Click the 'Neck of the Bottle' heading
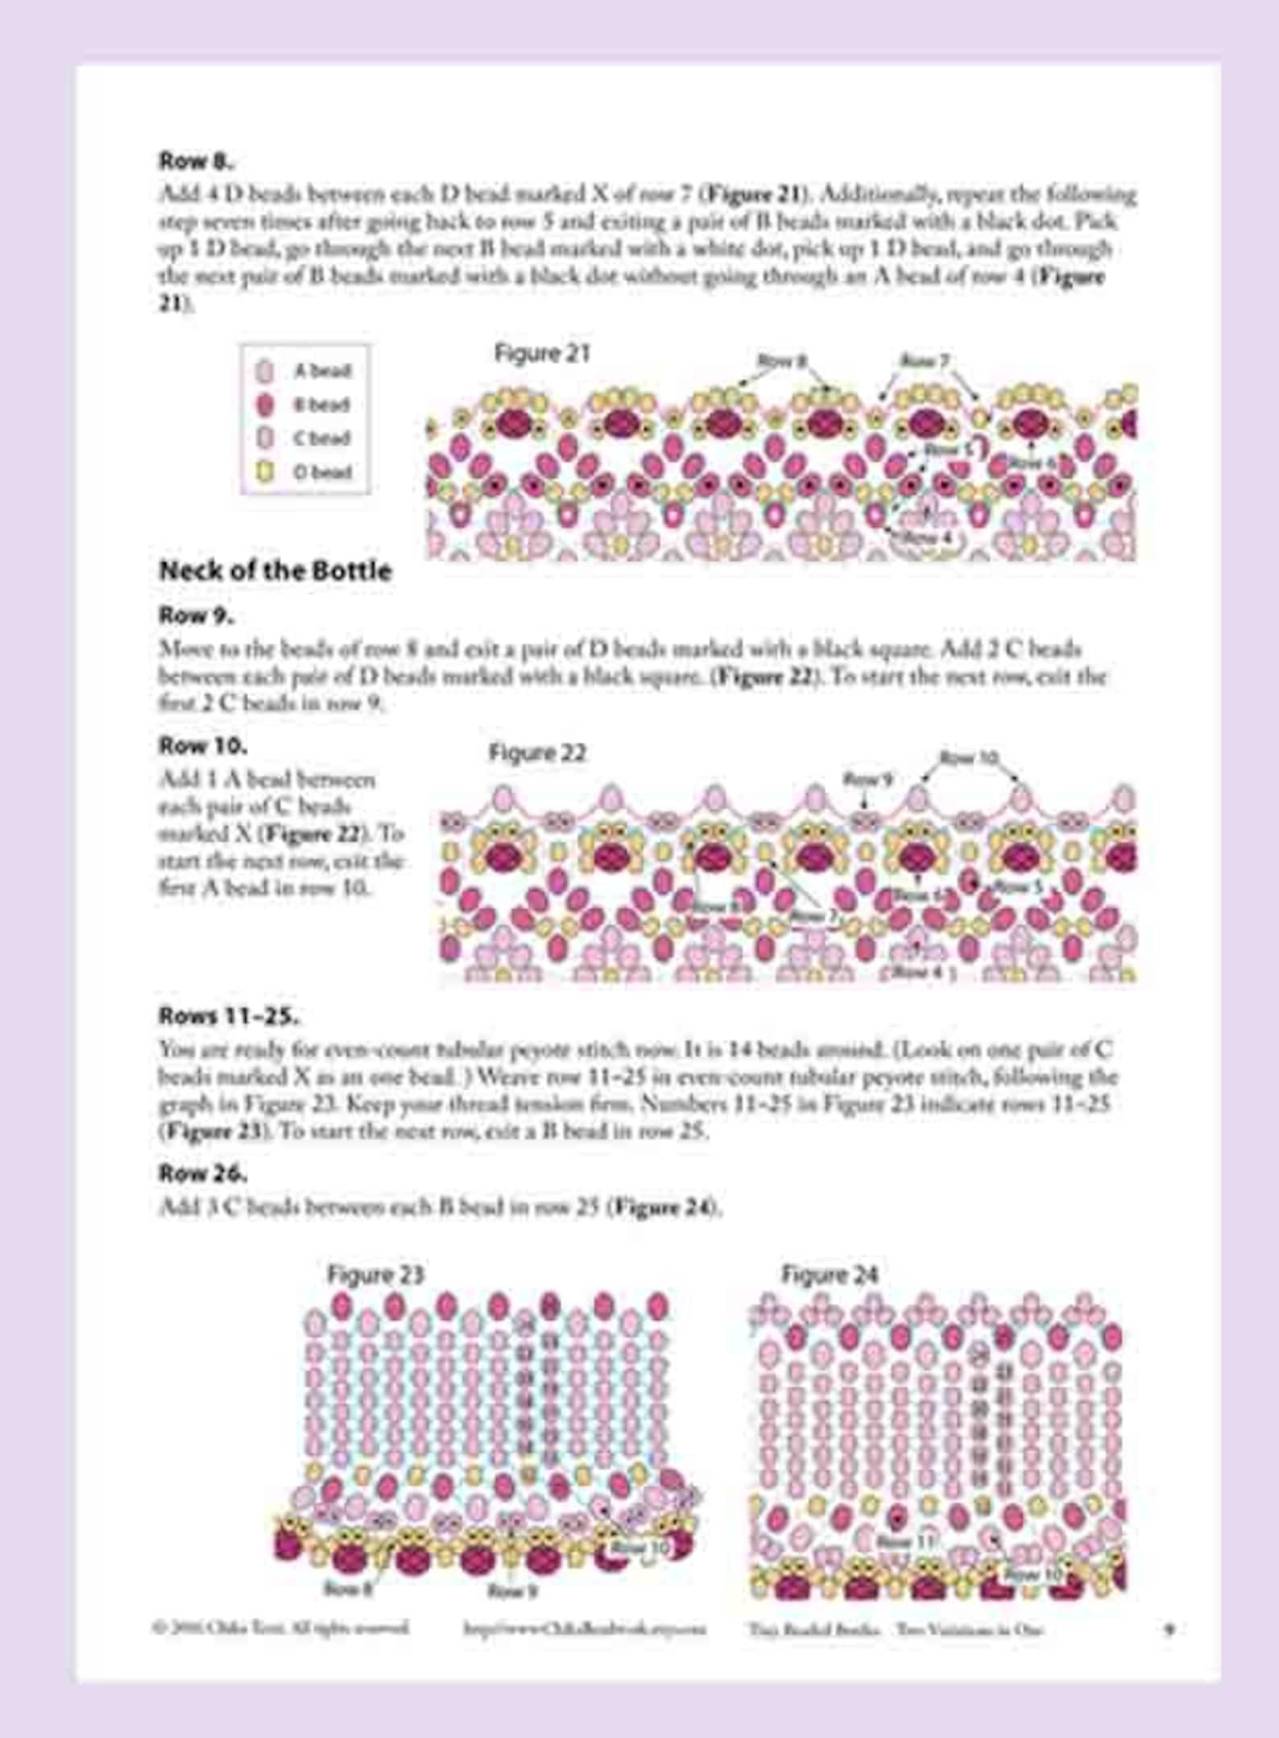(275, 571)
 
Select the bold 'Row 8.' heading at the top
(197, 160)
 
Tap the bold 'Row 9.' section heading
(197, 616)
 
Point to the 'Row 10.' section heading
(203, 745)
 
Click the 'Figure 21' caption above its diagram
(541, 353)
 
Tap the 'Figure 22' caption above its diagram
(537, 753)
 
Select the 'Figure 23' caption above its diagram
(375, 1275)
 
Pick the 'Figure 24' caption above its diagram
(829, 1275)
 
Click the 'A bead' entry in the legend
(322, 371)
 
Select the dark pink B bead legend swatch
(265, 404)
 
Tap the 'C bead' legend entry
(322, 438)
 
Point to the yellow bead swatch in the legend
(265, 472)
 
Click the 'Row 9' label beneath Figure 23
(511, 1591)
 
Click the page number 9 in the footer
(1169, 1629)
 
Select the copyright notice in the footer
(281, 1628)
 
